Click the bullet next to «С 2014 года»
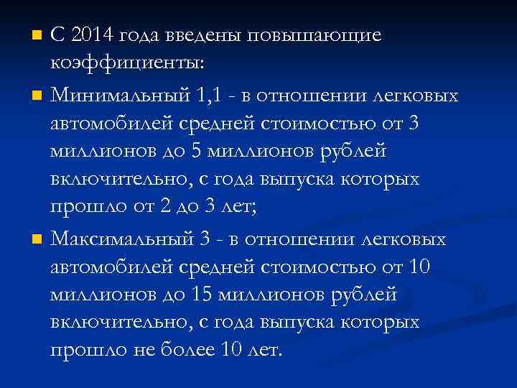coord(39,34)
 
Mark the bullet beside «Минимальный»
coord(39,95)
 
